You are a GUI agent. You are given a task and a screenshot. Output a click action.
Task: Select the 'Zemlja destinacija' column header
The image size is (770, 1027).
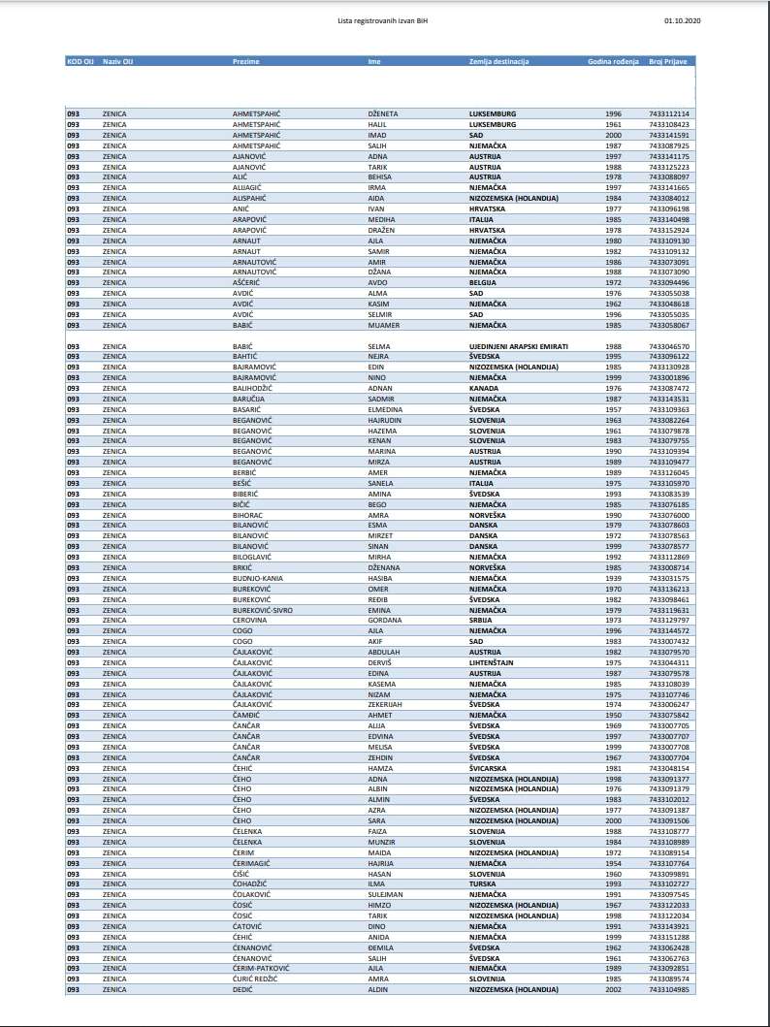click(498, 62)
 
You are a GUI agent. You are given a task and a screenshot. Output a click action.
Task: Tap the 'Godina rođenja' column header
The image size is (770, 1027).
click(613, 62)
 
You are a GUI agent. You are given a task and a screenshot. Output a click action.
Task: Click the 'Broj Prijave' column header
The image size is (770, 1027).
click(668, 62)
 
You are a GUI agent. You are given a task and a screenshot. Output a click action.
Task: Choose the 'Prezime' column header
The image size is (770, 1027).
click(246, 62)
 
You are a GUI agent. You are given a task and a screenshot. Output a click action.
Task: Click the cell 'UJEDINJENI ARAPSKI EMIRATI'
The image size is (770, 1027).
click(518, 346)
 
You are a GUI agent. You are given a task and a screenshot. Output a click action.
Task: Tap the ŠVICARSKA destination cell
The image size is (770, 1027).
click(490, 767)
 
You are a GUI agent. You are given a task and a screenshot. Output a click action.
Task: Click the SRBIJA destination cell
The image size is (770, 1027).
click(482, 620)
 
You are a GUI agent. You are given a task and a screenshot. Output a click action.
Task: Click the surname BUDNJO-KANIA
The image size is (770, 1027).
click(257, 578)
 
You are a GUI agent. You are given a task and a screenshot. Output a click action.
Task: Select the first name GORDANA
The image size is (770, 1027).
click(384, 620)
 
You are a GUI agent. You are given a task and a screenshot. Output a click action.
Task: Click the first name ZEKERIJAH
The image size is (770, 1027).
click(386, 704)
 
